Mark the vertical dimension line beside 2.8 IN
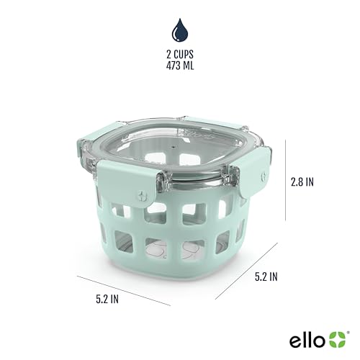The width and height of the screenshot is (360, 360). [287, 184]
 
